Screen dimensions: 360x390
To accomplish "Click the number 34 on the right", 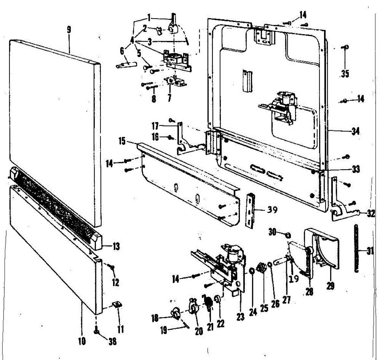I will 355,131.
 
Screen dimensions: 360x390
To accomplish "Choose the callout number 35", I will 345,74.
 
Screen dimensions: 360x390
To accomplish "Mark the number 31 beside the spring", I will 370,251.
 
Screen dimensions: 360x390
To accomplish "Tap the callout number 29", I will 331,285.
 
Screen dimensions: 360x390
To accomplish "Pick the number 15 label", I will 122,142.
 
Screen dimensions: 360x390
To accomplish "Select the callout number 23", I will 240,317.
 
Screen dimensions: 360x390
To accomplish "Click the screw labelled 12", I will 112,267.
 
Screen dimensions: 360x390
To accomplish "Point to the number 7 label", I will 169,98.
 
